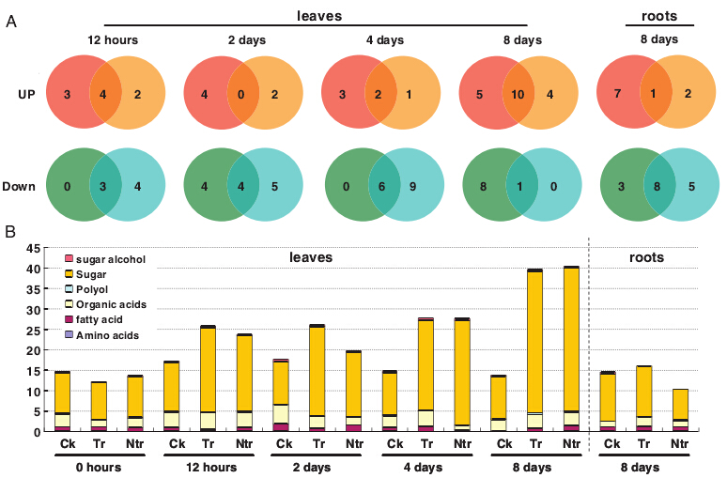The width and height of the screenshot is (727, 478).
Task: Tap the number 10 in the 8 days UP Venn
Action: click(518, 95)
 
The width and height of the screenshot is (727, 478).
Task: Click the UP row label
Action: click(26, 95)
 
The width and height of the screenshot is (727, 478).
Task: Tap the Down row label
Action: click(20, 186)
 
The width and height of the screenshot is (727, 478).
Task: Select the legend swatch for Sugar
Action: click(69, 274)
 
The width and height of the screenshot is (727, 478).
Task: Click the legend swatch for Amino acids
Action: click(69, 335)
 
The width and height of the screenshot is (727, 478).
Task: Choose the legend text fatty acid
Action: click(103, 320)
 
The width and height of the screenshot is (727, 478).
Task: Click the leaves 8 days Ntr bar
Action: click(571, 348)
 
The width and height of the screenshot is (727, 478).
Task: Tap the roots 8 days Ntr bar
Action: click(681, 409)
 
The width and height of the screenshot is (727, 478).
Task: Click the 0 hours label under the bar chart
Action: click(100, 466)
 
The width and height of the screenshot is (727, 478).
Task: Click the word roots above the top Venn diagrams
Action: click(659, 16)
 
